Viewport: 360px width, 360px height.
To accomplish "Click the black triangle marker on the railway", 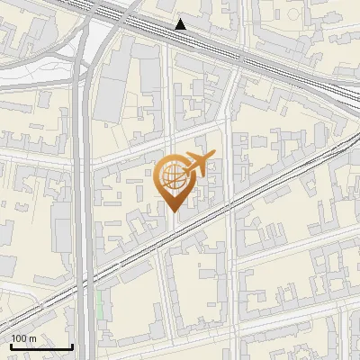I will pyautogui.click(x=181, y=24).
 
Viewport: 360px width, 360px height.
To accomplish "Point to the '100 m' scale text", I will pyautogui.click(x=23, y=338).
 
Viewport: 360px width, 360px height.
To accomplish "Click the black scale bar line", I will pyautogui.click(x=40, y=346).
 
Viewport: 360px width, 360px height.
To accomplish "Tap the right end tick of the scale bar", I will pyautogui.click(x=72, y=345).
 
